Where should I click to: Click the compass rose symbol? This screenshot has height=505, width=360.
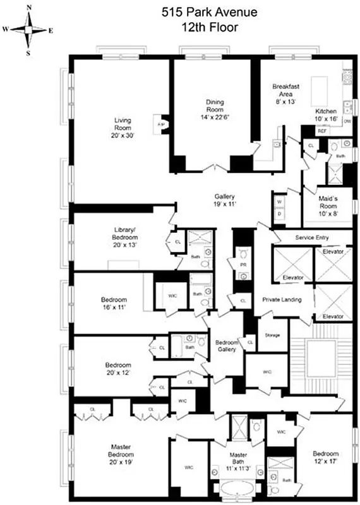click(x=30, y=29)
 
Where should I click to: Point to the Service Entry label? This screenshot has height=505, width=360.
click(x=313, y=237)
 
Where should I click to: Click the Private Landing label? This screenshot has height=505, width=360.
click(x=282, y=300)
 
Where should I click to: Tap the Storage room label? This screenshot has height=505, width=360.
click(x=272, y=335)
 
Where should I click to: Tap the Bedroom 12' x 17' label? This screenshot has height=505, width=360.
click(x=325, y=458)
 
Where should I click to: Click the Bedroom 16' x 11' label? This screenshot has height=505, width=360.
click(x=114, y=303)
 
